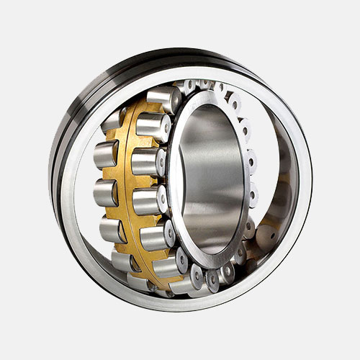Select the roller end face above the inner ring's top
209,86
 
